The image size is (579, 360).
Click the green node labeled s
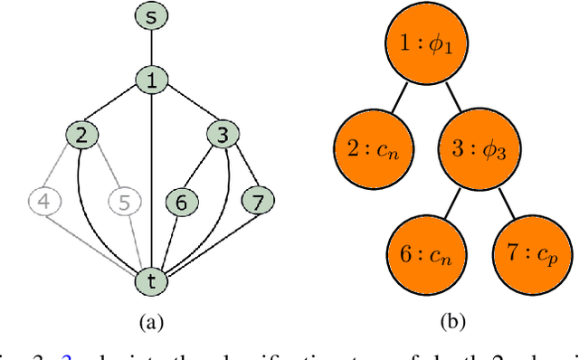(x=151, y=15)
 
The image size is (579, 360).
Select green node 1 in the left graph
(x=151, y=81)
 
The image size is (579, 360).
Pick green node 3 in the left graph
(x=221, y=136)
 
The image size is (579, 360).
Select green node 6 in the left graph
(x=181, y=202)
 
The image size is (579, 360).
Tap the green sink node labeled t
(x=151, y=279)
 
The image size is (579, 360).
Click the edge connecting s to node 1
(x=151, y=48)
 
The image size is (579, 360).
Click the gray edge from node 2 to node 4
(x=63, y=168)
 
